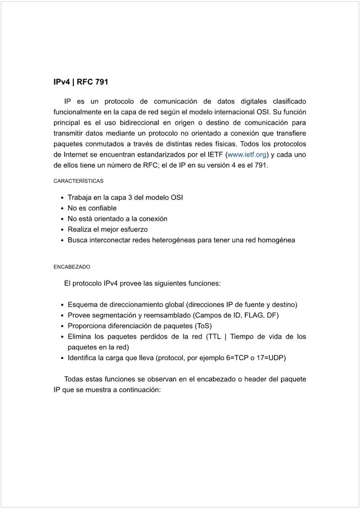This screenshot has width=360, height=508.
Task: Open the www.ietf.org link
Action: (x=247, y=155)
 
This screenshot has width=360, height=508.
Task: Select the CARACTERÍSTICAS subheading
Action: (x=78, y=181)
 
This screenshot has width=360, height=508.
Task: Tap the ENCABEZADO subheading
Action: (x=72, y=267)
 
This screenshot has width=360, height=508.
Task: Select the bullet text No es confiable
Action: (x=92, y=208)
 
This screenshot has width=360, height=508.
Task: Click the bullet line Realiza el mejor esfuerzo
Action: (x=108, y=229)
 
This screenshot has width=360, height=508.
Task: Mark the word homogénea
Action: (x=276, y=240)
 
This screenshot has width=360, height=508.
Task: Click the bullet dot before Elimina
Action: (x=62, y=337)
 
